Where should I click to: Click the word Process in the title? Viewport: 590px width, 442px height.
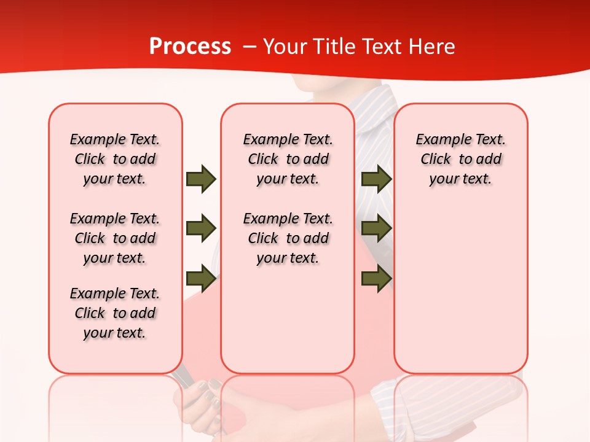point(190,47)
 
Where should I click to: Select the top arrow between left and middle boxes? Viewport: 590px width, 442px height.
point(200,179)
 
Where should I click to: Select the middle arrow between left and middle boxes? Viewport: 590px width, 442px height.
point(200,228)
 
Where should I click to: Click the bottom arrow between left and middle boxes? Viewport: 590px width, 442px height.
point(200,279)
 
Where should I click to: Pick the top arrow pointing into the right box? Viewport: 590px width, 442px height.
point(376,179)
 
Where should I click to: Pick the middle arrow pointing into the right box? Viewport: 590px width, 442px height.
point(376,228)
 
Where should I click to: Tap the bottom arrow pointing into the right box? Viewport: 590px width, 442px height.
point(376,279)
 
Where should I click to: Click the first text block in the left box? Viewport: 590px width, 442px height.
point(115,159)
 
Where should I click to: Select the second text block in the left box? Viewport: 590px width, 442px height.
point(115,238)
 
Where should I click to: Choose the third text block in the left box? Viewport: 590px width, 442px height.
point(115,313)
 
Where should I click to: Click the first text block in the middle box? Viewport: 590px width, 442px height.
point(288,159)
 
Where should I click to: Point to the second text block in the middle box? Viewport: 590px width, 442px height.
point(288,238)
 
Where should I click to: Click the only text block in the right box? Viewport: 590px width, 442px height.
point(460,159)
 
